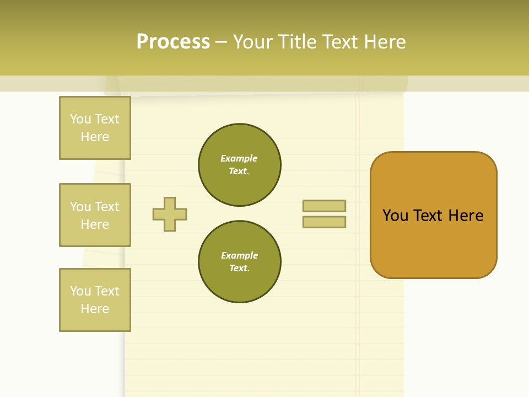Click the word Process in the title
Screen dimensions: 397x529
(x=173, y=42)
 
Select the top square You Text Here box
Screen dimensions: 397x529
(x=95, y=128)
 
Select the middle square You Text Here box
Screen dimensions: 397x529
(x=95, y=215)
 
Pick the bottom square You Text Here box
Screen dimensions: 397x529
(x=95, y=300)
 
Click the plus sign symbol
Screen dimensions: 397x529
(x=170, y=214)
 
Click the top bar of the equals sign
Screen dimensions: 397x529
(x=324, y=206)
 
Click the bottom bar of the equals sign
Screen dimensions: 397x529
(x=324, y=222)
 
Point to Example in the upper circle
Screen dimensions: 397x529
(x=239, y=158)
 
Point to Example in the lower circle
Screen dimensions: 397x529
(x=239, y=255)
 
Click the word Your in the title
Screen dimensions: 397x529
(x=254, y=42)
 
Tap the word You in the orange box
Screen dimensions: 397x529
(x=396, y=216)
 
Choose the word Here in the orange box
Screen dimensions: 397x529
(x=466, y=216)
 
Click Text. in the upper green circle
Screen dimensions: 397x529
(x=239, y=171)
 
